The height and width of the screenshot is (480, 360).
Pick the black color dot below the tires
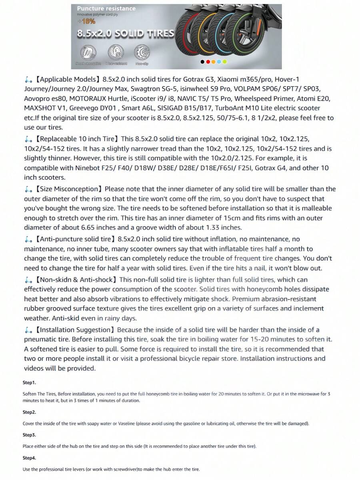point(202,62)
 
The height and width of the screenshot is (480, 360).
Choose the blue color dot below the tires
point(219,62)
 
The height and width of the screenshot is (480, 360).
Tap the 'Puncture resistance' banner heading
point(106,8)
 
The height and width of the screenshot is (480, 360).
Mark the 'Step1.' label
point(29,382)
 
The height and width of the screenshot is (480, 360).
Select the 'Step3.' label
point(29,435)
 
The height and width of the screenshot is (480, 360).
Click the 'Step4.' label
point(29,458)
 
